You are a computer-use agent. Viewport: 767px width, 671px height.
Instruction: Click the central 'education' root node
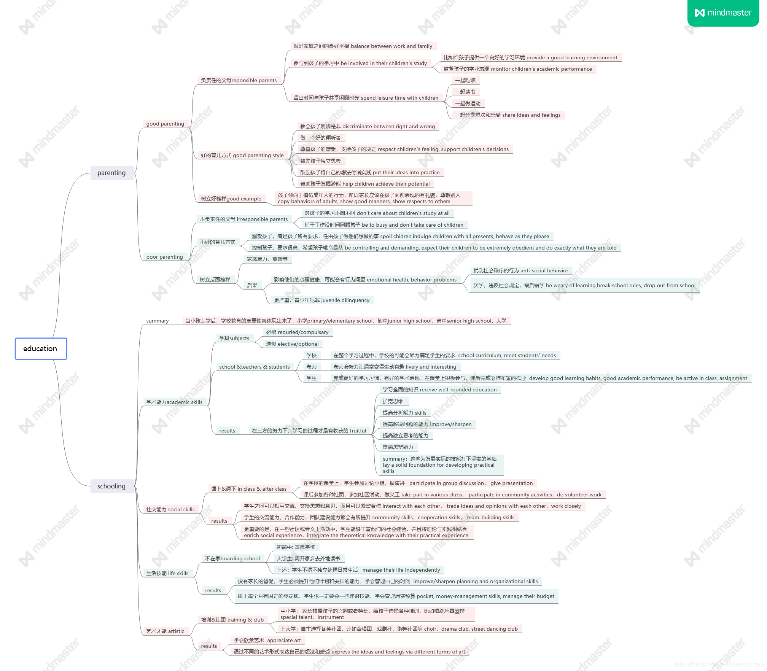pyautogui.click(x=41, y=348)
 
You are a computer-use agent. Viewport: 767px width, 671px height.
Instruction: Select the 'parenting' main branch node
pyautogui.click(x=111, y=173)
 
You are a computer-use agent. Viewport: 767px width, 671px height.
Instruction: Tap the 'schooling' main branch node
pyautogui.click(x=111, y=486)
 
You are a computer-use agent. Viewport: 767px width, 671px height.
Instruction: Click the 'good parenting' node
pyautogui.click(x=165, y=124)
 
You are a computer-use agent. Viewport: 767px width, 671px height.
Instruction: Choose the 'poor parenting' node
pyautogui.click(x=164, y=257)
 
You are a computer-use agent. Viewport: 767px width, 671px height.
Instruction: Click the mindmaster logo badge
pyautogui.click(x=723, y=13)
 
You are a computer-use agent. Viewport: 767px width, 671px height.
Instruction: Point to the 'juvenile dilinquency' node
pyautogui.click(x=321, y=300)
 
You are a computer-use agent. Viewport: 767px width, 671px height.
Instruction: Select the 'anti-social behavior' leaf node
pyautogui.click(x=520, y=270)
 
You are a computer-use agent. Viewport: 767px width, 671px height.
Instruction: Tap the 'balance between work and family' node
pyautogui.click(x=363, y=46)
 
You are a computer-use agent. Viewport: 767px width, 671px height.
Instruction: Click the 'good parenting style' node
pyautogui.click(x=242, y=155)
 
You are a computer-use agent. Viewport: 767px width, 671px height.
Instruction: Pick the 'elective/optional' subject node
pyautogui.click(x=292, y=344)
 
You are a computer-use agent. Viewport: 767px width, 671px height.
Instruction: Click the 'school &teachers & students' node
pyautogui.click(x=254, y=367)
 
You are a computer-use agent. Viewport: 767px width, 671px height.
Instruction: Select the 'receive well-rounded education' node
pyautogui.click(x=439, y=390)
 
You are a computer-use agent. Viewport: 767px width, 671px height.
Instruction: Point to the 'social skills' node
pyautogui.click(x=170, y=509)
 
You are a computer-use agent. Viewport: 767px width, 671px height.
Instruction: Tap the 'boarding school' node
pyautogui.click(x=232, y=558)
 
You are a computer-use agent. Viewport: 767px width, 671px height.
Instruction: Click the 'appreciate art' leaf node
pyautogui.click(x=267, y=640)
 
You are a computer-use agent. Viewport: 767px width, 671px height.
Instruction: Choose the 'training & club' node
pyautogui.click(x=232, y=620)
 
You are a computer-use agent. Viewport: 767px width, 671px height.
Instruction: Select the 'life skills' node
pyautogui.click(x=167, y=573)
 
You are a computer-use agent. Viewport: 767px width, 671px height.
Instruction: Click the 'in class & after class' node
pyautogui.click(x=249, y=489)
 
